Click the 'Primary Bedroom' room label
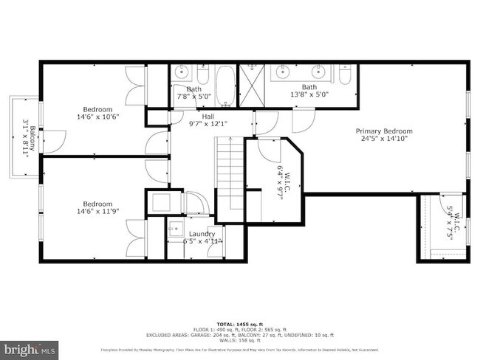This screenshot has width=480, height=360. [387, 131]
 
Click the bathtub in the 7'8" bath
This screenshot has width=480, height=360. [224, 85]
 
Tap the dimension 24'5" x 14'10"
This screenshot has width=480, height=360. [387, 139]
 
